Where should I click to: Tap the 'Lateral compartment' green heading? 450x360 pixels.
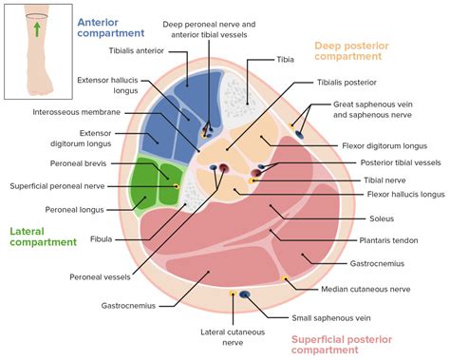pyautogui.click(x=43, y=236)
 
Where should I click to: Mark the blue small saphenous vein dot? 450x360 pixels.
pyautogui.click(x=245, y=295)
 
